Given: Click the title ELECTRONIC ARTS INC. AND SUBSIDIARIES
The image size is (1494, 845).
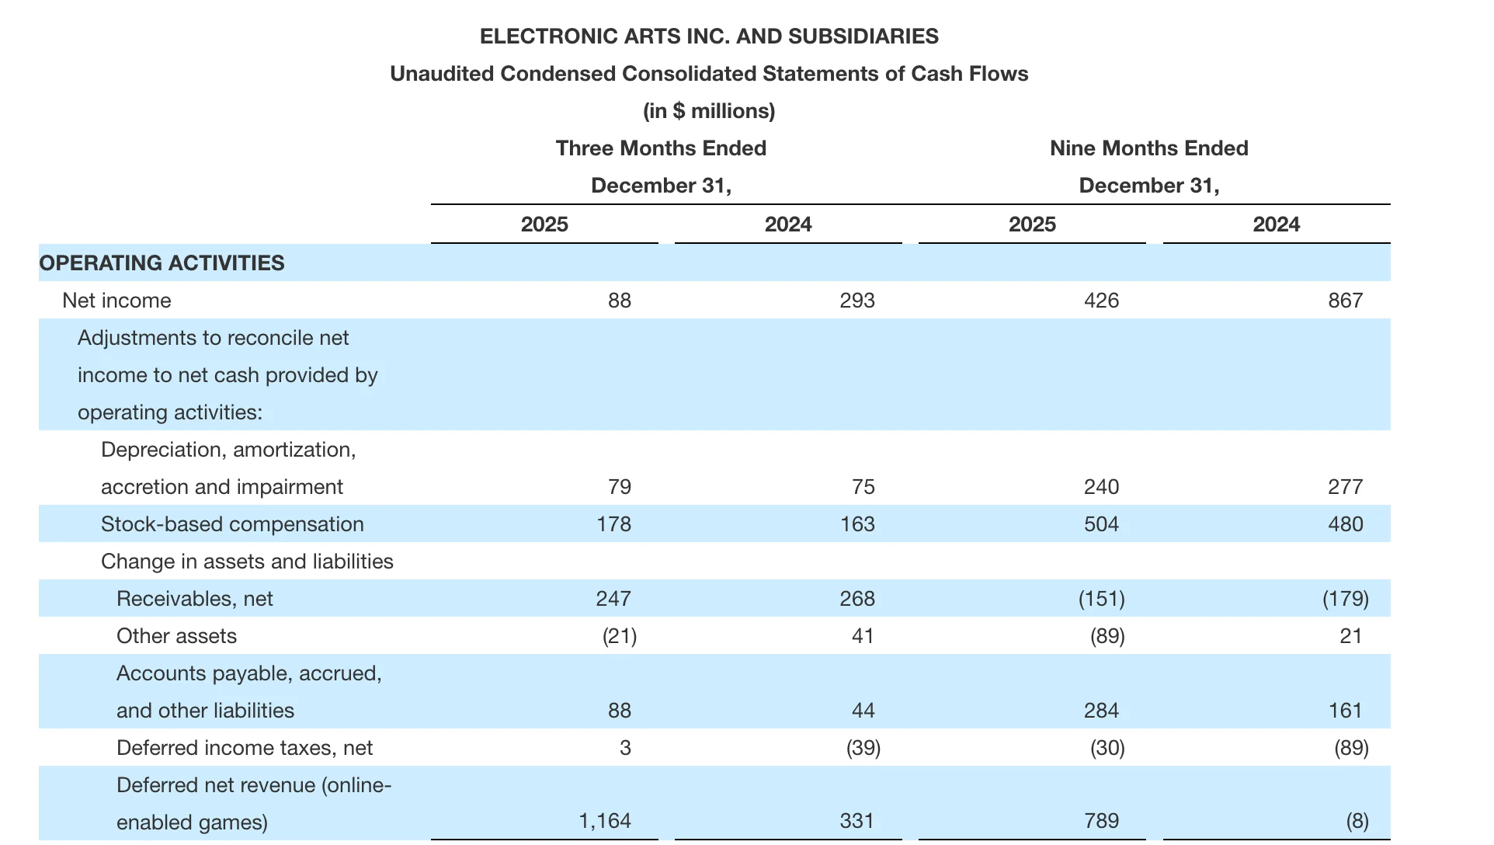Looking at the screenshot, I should (709, 37).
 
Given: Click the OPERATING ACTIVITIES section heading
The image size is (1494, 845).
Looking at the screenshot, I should (162, 263).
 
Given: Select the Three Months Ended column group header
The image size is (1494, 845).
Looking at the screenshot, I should (661, 148).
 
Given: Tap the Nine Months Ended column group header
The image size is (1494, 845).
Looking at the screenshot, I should (1148, 148).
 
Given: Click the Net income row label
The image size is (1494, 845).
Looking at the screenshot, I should (116, 301).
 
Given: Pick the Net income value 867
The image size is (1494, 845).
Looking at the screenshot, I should (1345, 301).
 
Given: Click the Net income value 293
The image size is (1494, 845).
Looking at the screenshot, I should (857, 301).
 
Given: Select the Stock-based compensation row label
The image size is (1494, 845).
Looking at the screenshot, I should (232, 524).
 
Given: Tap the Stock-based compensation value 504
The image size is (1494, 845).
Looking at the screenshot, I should (1101, 524).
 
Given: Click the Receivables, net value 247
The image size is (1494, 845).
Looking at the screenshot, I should (613, 599).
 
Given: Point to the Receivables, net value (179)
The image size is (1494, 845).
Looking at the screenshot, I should (1345, 599).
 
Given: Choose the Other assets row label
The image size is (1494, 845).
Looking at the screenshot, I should (176, 636).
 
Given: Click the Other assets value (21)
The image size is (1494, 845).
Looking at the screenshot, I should (620, 636).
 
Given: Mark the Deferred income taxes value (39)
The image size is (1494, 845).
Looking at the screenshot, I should (863, 748).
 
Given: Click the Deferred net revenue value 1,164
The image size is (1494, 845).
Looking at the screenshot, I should (605, 821).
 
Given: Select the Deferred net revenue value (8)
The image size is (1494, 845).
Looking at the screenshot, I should (1357, 821).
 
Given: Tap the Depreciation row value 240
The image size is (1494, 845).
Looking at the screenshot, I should (1101, 487).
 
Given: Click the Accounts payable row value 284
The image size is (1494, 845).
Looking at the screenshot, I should (1101, 711).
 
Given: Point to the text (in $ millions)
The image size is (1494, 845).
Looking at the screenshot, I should (709, 111).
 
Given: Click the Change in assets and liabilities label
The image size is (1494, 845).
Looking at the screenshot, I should (247, 562).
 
